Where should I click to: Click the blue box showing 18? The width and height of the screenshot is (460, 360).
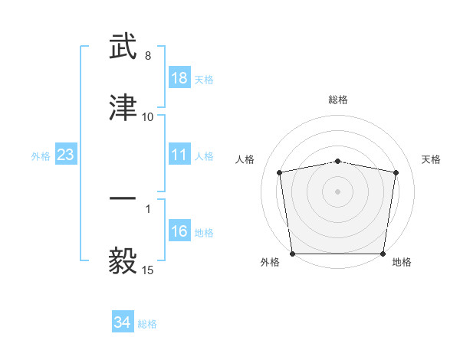click(x=179, y=79)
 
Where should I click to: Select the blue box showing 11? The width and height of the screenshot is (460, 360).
click(x=179, y=155)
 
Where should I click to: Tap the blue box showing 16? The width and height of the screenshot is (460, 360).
click(x=179, y=232)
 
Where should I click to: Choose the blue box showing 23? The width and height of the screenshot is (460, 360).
click(x=66, y=155)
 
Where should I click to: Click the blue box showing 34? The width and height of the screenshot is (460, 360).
click(x=123, y=322)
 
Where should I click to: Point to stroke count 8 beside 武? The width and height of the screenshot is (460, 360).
click(x=148, y=57)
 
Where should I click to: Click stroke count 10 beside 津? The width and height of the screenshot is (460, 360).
click(x=148, y=117)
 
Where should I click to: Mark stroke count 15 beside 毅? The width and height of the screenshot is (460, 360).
click(x=148, y=270)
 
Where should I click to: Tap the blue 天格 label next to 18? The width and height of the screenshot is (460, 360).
click(x=204, y=80)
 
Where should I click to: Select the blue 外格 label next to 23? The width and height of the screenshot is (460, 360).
click(x=41, y=156)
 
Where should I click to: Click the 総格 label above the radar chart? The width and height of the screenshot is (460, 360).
click(x=338, y=100)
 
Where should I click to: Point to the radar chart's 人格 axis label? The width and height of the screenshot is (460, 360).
click(x=246, y=159)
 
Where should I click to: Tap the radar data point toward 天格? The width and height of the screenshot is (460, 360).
click(x=396, y=172)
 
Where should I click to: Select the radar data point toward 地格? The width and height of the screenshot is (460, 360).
click(x=383, y=254)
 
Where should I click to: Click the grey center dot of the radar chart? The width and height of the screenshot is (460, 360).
click(x=338, y=191)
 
